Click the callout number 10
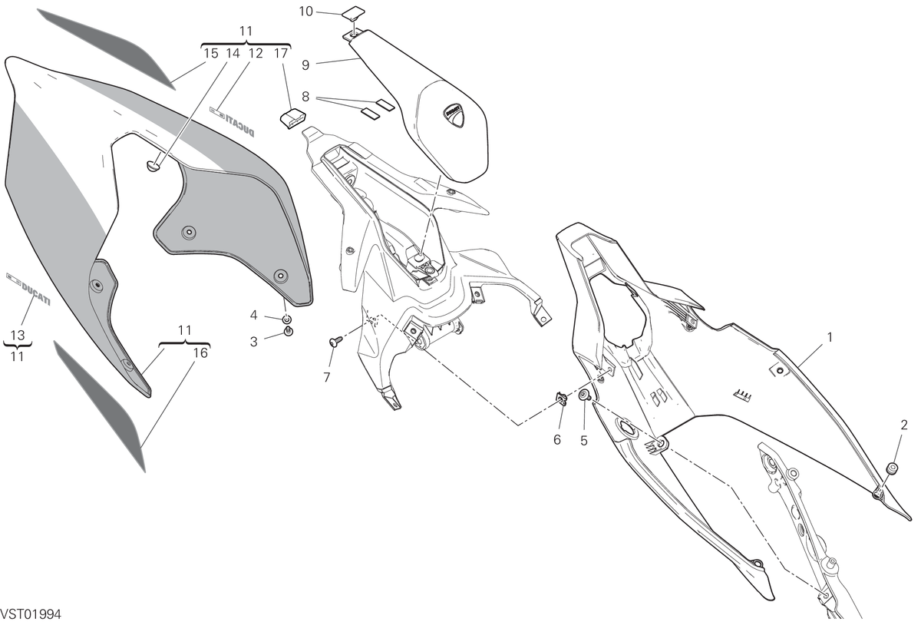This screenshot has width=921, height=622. point(306,12)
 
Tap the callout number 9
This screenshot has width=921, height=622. point(305,65)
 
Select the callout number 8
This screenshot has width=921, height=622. point(305,97)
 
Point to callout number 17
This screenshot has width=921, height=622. point(281,54)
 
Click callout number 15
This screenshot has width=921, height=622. point(211,54)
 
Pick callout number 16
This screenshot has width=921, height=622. point(200,353)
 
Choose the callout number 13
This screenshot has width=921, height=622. point(18,336)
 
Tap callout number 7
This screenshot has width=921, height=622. point(327,377)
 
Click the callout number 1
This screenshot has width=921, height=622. point(830,337)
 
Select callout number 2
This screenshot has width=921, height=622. point(904,425)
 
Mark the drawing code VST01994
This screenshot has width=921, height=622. point(31,614)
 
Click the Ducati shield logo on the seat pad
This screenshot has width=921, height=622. point(454,115)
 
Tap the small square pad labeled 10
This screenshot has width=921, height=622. point(353,13)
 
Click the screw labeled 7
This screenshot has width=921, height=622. point(335,341)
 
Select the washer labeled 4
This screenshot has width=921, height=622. point(286,319)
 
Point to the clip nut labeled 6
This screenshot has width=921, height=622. point(562,399)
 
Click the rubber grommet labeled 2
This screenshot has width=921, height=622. point(890,468)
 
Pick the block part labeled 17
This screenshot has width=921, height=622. point(292,117)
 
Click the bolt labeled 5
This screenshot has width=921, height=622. point(585,396)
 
